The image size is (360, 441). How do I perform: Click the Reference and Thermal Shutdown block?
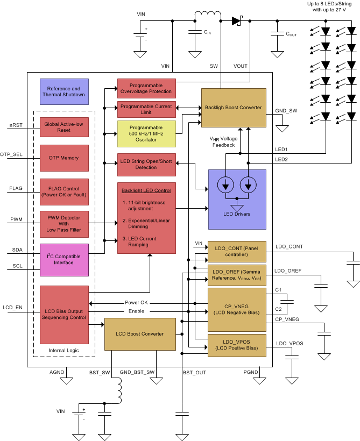point(63,91)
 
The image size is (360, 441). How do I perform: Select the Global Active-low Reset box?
point(63,127)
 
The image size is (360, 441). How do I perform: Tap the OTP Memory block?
point(63,158)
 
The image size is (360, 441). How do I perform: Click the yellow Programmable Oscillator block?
point(146,134)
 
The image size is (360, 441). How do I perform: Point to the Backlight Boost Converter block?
point(233,108)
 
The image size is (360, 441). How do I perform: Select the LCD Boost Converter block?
point(139,333)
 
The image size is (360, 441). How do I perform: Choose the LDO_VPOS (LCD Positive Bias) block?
point(236,345)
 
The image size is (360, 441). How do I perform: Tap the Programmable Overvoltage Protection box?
point(146,88)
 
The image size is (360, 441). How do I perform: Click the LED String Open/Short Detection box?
point(146,165)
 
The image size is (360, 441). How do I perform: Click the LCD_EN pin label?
point(12,307)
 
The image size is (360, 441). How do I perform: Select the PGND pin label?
point(251,372)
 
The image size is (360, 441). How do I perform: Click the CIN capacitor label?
point(207,33)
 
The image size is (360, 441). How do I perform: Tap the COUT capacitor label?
point(291,34)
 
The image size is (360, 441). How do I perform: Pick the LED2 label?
point(281,159)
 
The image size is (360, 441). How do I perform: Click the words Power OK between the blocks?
point(136,302)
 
